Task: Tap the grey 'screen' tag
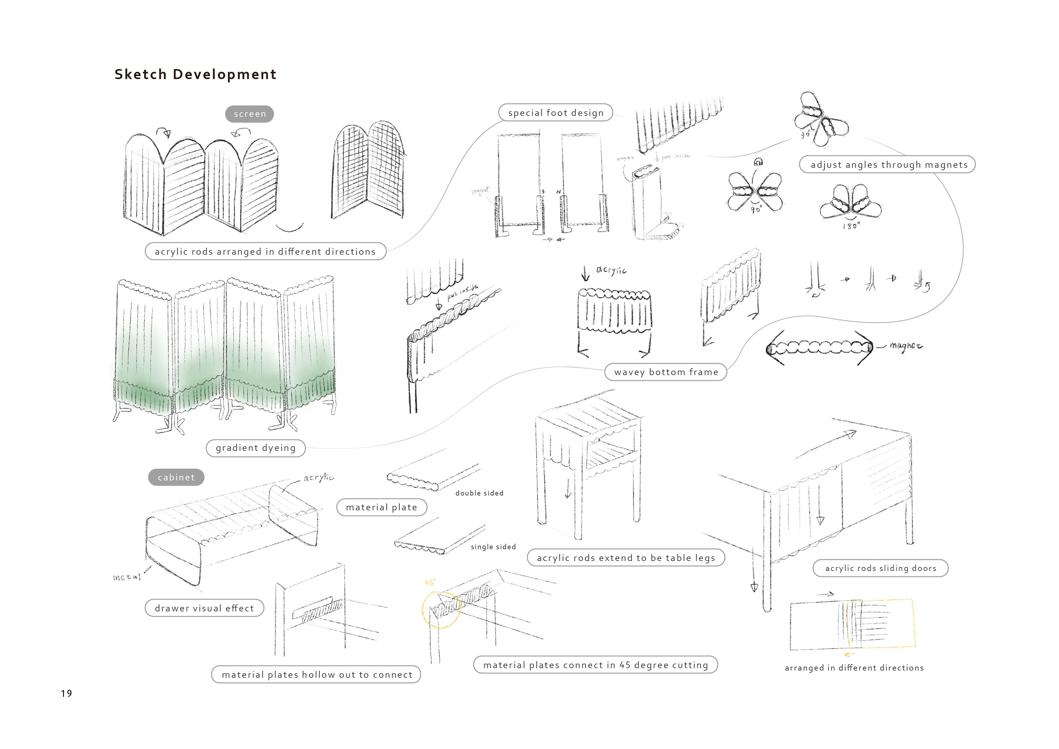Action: point(250,114)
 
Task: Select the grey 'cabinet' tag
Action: point(176,477)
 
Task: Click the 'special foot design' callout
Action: point(555,113)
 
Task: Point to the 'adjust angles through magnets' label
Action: point(889,165)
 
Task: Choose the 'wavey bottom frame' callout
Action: point(666,372)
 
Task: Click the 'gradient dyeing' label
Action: point(255,448)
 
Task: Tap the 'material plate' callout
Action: point(382,507)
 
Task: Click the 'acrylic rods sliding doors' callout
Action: point(880,568)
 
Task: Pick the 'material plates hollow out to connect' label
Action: point(316,675)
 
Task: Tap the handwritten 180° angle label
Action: point(851,226)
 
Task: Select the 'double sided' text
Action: point(479,493)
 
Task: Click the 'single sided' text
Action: point(493,547)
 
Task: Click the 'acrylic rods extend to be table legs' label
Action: point(626,558)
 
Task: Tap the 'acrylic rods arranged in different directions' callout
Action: point(265,252)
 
